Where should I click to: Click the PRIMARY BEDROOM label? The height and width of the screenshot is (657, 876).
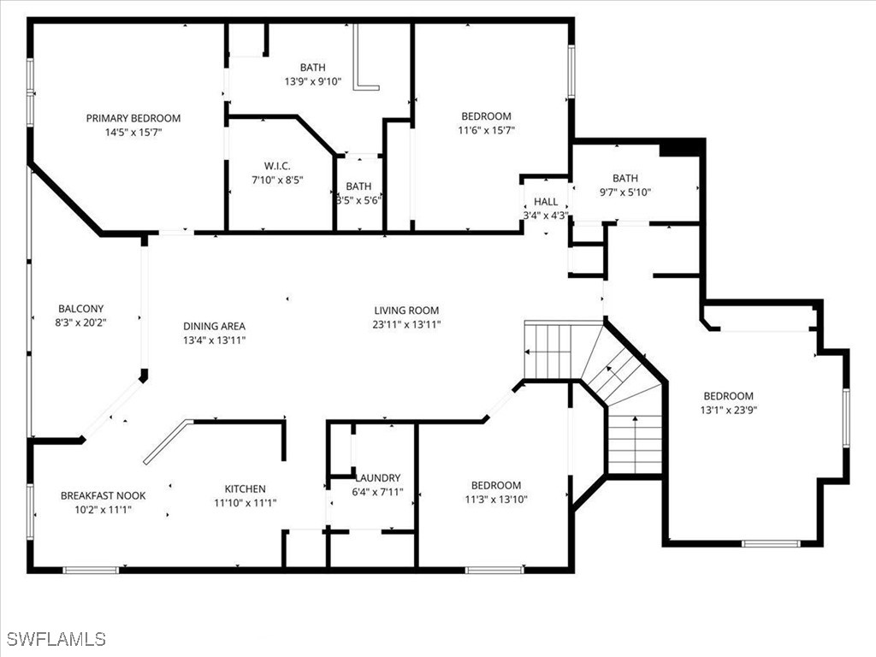[133, 118]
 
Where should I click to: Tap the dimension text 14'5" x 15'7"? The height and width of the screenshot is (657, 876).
[133, 133]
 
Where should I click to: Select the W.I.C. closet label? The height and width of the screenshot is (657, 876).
[278, 165]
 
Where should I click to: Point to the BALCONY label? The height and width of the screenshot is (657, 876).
[80, 309]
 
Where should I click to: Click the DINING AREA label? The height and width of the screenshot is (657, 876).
[214, 326]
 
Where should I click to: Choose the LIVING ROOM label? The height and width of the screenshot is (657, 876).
[406, 311]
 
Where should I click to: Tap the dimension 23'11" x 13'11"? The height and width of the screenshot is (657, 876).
[406, 324]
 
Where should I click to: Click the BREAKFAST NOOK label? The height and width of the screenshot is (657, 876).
[103, 495]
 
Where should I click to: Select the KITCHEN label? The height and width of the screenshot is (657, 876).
[245, 489]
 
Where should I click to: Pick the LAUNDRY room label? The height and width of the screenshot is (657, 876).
[377, 478]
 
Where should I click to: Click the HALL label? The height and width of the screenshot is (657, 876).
[546, 202]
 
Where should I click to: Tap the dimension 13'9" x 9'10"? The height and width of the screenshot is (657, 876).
[312, 82]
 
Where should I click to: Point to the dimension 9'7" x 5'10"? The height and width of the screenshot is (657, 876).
[624, 192]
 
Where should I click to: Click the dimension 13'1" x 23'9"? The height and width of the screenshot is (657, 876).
[728, 410]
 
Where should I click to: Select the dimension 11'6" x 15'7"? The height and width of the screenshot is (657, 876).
[486, 131]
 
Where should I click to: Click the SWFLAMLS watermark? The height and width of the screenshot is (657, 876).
[56, 639]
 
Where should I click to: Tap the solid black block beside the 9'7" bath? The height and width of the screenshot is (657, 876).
[681, 148]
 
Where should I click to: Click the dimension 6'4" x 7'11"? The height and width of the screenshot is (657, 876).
[377, 493]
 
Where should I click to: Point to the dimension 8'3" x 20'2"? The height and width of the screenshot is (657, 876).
[80, 323]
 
